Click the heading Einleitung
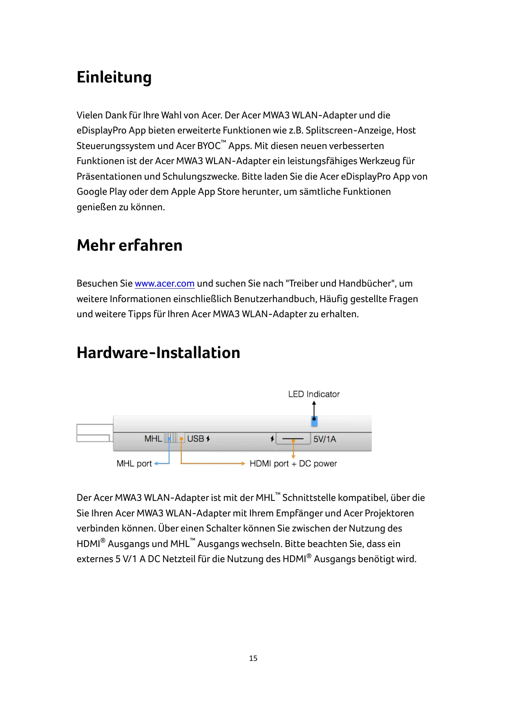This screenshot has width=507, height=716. (114, 77)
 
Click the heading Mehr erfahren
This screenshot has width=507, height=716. (130, 245)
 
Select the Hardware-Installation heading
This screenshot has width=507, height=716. (159, 353)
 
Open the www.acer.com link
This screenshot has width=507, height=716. (164, 284)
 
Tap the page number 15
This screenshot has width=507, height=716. (253, 658)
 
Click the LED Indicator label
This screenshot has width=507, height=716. (314, 394)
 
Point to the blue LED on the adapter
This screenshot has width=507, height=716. (314, 421)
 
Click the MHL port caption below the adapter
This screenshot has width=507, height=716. (134, 464)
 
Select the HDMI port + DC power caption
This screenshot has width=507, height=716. (293, 464)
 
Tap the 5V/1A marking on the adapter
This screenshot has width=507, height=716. (325, 439)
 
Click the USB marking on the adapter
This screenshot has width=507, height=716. (196, 439)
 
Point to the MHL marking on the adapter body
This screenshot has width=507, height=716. (153, 439)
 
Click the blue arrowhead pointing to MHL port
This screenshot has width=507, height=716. (156, 463)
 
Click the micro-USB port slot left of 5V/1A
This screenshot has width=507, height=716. (293, 439)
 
